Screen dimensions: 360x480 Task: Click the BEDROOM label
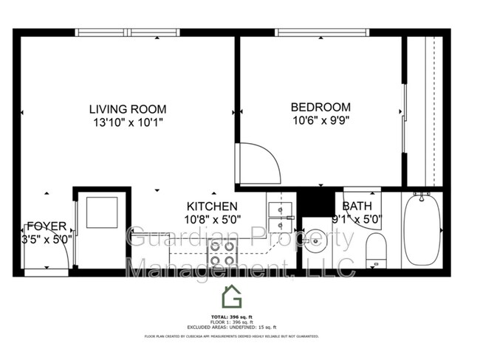[x=320, y=106]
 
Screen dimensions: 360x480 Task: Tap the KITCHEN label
[x=211, y=207]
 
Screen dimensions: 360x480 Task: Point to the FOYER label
[x=47, y=226]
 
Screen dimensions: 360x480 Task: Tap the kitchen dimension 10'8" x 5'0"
[x=211, y=219]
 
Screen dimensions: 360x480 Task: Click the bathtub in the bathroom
[x=422, y=232]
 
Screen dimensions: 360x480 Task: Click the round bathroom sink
[x=315, y=240]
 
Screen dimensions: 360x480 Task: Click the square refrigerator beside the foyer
[x=98, y=212]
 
